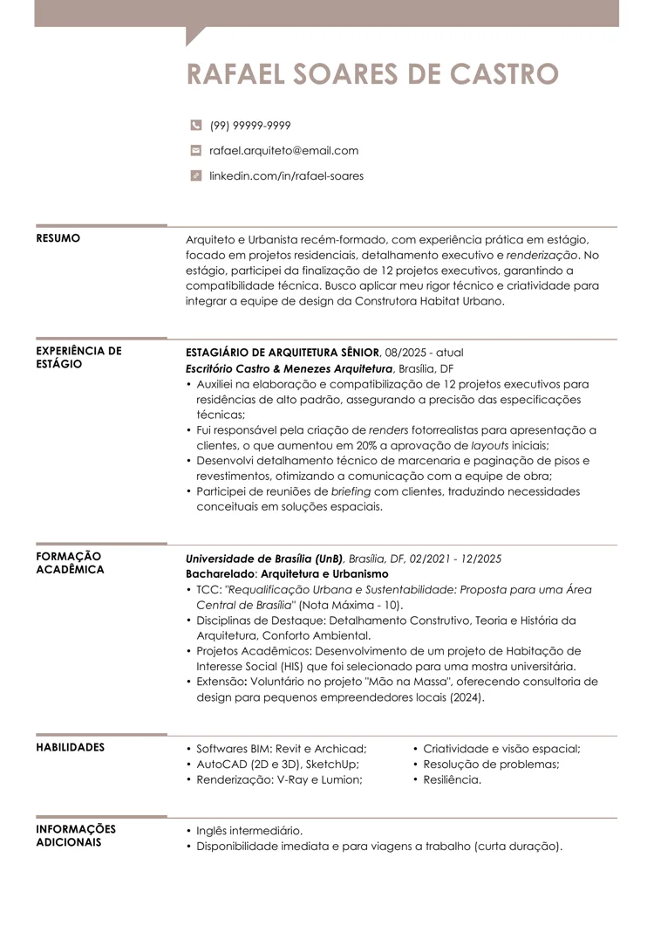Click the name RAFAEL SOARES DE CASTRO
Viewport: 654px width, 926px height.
(371, 74)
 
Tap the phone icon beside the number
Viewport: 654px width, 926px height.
(195, 126)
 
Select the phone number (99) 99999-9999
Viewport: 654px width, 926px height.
(250, 126)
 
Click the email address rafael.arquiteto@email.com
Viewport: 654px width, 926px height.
(283, 150)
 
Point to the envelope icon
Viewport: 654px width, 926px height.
(195, 150)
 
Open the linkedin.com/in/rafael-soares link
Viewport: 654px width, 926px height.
(286, 175)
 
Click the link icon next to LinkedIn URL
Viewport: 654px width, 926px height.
(195, 175)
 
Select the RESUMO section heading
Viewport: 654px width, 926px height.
(58, 238)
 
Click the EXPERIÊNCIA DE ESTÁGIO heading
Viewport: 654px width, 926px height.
(78, 357)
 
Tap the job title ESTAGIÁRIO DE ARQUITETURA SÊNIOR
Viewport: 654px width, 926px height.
(283, 352)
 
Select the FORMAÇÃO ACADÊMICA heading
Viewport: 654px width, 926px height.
(70, 563)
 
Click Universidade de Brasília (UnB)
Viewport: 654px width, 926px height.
(264, 559)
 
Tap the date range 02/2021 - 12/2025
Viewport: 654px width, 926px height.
(455, 559)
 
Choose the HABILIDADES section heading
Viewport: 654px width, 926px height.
(70, 747)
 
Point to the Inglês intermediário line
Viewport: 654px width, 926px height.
(249, 830)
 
